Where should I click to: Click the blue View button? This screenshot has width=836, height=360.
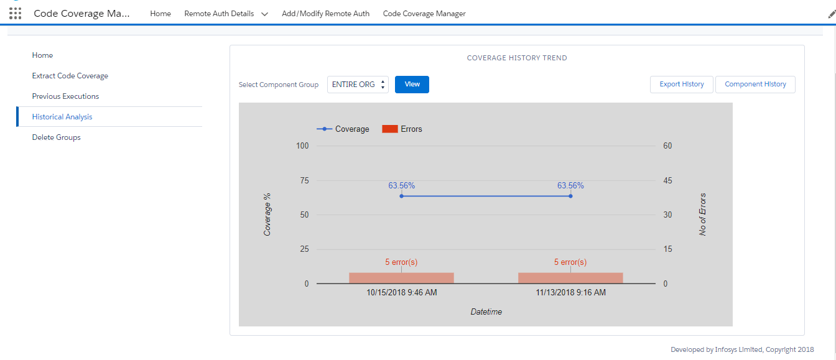412,85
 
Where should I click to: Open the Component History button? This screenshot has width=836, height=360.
755,85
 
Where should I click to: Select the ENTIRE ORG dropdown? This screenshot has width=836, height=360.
358,85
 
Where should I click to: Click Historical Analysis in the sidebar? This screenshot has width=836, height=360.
62,117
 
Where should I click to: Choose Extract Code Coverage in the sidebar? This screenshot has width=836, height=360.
70,76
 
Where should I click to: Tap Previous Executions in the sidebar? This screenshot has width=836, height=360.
65,96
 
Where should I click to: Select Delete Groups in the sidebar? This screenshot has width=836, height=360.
57,137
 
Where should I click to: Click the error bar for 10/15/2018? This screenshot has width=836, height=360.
401,278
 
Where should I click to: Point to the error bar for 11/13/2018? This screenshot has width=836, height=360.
570,278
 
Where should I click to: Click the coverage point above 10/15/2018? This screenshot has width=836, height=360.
401,196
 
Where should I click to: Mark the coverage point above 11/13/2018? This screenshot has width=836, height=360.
570,196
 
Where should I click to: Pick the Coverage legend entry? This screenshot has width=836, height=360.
343,129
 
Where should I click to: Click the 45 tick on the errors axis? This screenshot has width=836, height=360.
667,181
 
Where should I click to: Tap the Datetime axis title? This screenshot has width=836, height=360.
486,312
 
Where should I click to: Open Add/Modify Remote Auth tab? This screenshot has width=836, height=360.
325,14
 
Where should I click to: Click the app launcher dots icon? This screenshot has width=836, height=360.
16,14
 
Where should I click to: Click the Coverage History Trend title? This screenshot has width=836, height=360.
517,58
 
